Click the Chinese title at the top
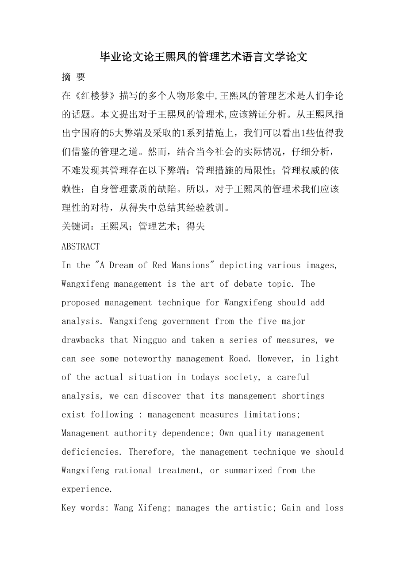[203, 57]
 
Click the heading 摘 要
[73, 77]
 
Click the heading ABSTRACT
[81, 246]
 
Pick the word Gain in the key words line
[291, 508]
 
